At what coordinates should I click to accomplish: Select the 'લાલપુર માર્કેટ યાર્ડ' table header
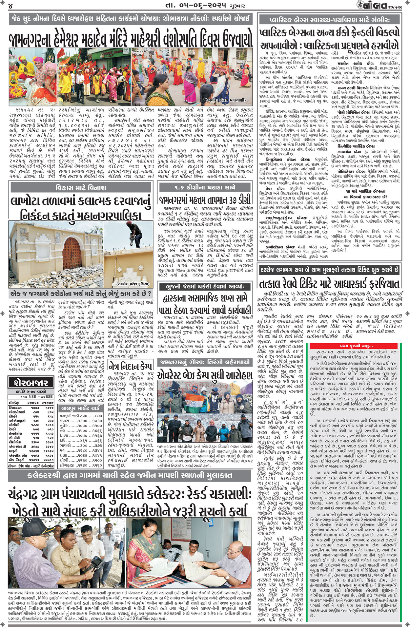pyautogui.click(x=81, y=408)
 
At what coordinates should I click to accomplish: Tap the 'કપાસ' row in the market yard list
pyautogui.click(x=81, y=421)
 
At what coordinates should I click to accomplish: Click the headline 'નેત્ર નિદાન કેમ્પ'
pyautogui.click(x=131, y=366)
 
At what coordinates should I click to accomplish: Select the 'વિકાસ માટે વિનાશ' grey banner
pyautogui.click(x=81, y=188)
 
